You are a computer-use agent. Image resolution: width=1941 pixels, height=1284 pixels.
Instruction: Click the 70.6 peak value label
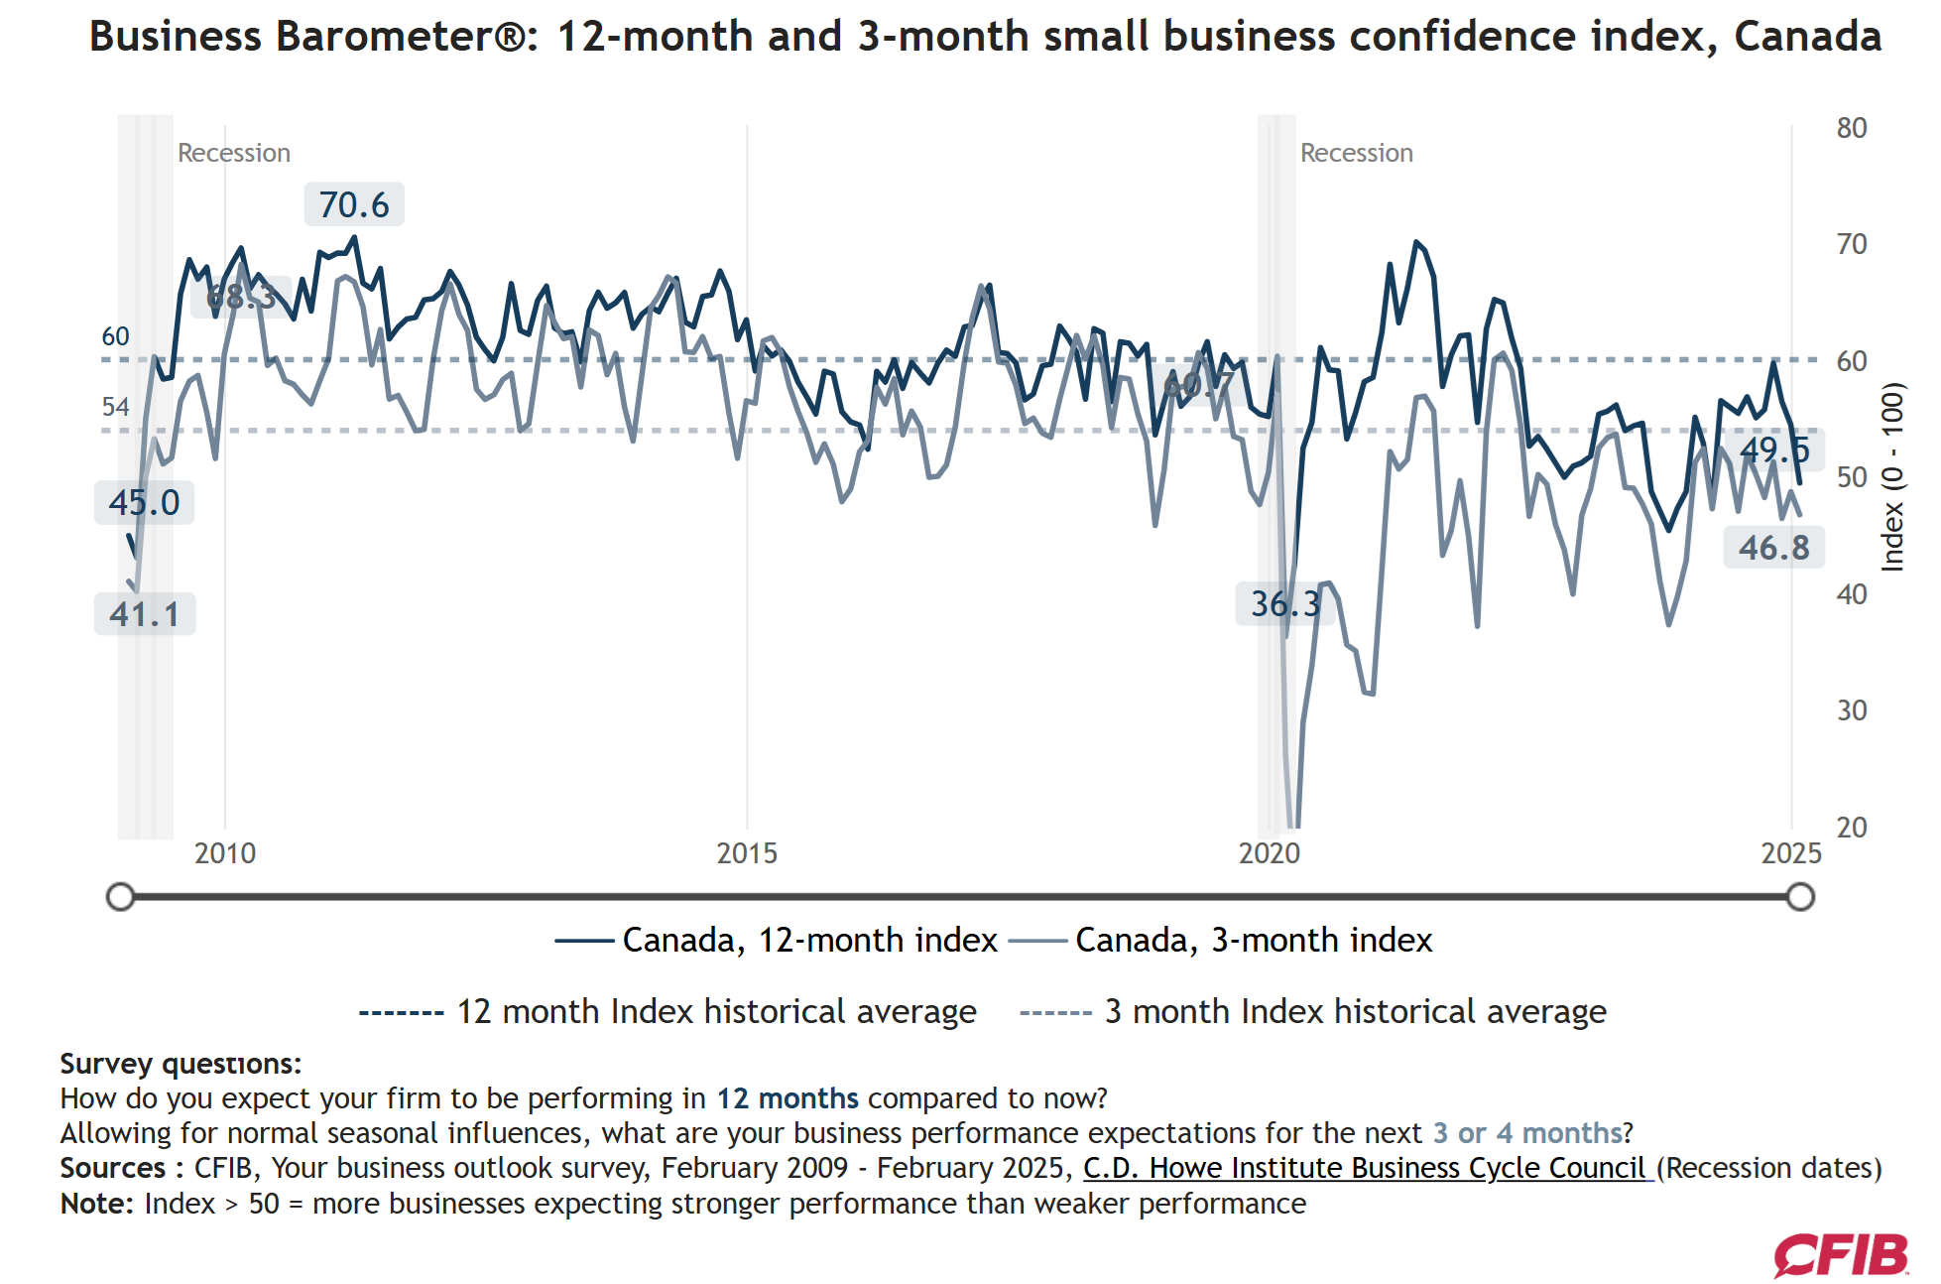pyautogui.click(x=354, y=204)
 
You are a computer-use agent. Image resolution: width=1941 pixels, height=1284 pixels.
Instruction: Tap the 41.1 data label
pyautogui.click(x=145, y=614)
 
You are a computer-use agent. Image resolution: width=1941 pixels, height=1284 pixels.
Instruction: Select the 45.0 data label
pyautogui.click(x=145, y=502)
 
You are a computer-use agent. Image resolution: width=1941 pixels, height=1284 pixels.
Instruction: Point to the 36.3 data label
pyautogui.click(x=1284, y=603)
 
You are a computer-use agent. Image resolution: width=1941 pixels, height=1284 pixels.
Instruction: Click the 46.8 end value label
pyautogui.click(x=1773, y=548)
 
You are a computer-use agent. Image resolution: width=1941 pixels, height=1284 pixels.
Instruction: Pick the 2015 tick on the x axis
pyautogui.click(x=747, y=853)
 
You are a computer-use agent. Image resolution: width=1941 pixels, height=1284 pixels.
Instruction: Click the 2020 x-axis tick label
pyautogui.click(x=1269, y=853)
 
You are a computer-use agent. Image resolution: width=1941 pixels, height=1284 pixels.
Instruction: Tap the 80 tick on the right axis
pyautogui.click(x=1851, y=128)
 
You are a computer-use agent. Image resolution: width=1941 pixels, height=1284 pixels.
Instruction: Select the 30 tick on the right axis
pyautogui.click(x=1851, y=710)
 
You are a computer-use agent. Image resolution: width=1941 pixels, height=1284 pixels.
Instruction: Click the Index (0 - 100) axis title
pyautogui.click(x=1892, y=477)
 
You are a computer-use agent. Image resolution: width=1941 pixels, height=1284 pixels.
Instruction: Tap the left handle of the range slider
pyautogui.click(x=120, y=897)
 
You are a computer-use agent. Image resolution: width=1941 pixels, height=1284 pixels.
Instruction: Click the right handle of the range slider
pyautogui.click(x=1800, y=897)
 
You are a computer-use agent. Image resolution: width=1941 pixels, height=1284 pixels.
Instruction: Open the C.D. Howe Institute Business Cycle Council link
pyautogui.click(x=1367, y=1168)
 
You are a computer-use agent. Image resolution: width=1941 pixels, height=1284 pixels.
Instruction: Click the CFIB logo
pyautogui.click(x=1841, y=1255)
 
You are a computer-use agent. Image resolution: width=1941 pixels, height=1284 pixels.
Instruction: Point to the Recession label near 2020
pyautogui.click(x=1356, y=153)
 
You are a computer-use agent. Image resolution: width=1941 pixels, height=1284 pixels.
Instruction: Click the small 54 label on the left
pyautogui.click(x=115, y=407)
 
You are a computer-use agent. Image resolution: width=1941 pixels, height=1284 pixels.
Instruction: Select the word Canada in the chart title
pyautogui.click(x=1807, y=37)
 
